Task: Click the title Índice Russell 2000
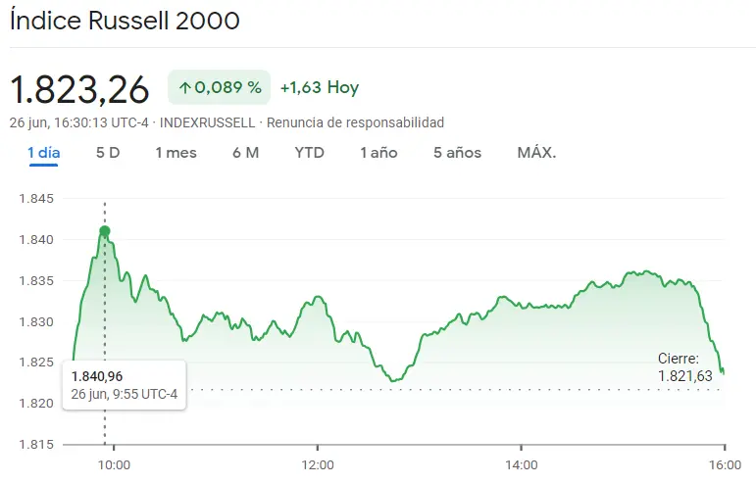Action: pyautogui.click(x=125, y=21)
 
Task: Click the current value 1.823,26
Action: pyautogui.click(x=79, y=89)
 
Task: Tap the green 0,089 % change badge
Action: pyautogui.click(x=220, y=87)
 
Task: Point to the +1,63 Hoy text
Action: pyautogui.click(x=320, y=87)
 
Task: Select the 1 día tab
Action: pyautogui.click(x=44, y=152)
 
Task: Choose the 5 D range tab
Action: pyautogui.click(x=108, y=152)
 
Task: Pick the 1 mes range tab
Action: pyautogui.click(x=176, y=152)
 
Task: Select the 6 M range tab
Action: pyautogui.click(x=246, y=152)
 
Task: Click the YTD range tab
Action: pyautogui.click(x=310, y=152)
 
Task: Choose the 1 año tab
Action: pyautogui.click(x=378, y=152)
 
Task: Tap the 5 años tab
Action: pyautogui.click(x=458, y=152)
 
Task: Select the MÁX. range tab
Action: pyautogui.click(x=536, y=152)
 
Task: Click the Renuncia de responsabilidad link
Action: pyautogui.click(x=355, y=122)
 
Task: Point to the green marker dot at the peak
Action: pyautogui.click(x=105, y=231)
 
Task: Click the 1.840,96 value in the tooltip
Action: pyautogui.click(x=97, y=376)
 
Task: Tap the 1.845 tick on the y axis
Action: pyautogui.click(x=38, y=199)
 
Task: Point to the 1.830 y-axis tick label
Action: pyautogui.click(x=38, y=321)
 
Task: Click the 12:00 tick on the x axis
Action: pyautogui.click(x=318, y=464)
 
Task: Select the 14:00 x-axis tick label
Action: pyautogui.click(x=521, y=464)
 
